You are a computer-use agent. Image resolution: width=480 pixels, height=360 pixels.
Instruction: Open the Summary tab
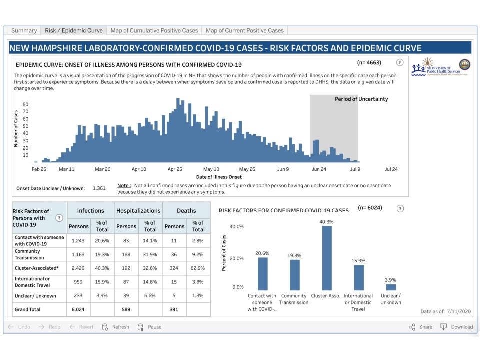(x=24, y=31)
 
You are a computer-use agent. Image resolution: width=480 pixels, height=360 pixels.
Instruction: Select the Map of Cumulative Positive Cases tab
(x=154, y=31)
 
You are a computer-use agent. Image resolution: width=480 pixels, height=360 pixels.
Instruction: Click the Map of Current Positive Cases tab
(x=244, y=31)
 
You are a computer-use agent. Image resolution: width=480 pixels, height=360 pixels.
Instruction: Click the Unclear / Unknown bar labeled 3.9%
(x=391, y=287)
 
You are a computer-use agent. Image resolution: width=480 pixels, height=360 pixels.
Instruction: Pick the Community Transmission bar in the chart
(x=295, y=275)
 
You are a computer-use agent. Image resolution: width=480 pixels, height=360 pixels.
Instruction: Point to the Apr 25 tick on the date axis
(x=175, y=169)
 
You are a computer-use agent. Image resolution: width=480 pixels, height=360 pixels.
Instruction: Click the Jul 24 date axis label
(x=391, y=169)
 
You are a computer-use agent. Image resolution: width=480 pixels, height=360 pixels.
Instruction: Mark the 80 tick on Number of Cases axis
(x=25, y=104)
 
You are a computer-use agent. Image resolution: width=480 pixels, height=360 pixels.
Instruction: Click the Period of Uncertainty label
(x=361, y=99)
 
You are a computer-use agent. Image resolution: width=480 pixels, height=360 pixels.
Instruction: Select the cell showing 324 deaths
(x=175, y=268)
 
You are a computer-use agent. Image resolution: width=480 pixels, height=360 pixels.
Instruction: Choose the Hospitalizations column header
(x=138, y=211)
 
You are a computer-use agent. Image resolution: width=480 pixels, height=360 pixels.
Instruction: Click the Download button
(x=456, y=327)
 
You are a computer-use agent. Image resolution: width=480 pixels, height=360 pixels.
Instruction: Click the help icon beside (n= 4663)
(x=399, y=63)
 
